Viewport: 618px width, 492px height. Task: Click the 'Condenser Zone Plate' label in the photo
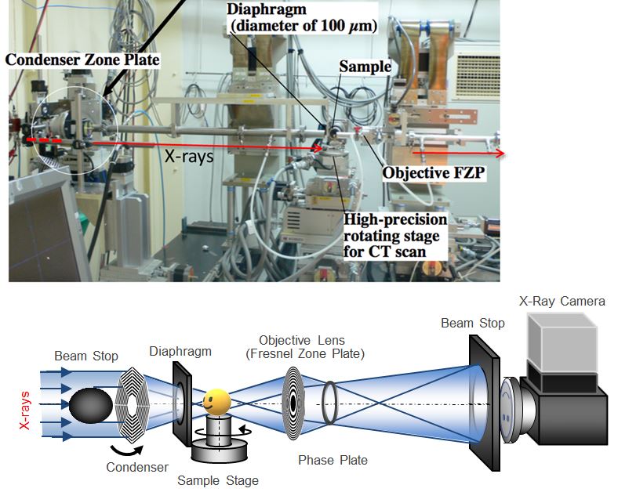point(82,60)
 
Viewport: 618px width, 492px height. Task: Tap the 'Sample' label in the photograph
point(364,67)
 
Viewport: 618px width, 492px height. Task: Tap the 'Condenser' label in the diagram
point(137,467)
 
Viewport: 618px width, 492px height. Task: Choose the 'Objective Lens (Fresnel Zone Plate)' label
point(313,346)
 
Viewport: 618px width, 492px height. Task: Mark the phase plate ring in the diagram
point(329,401)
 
